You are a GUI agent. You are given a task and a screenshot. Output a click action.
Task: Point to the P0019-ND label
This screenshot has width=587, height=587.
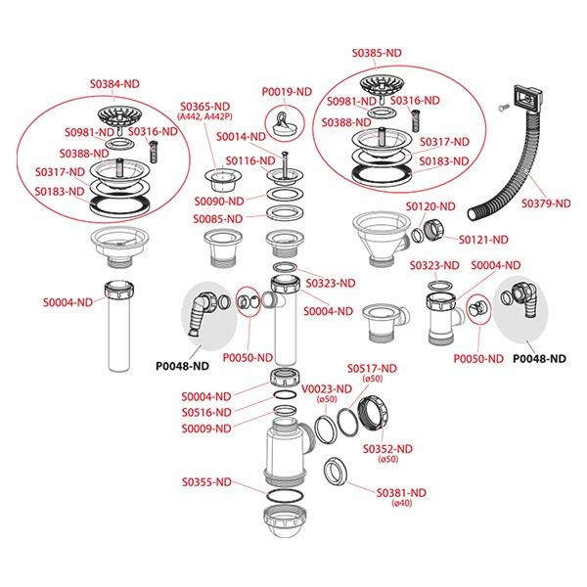click(x=286, y=92)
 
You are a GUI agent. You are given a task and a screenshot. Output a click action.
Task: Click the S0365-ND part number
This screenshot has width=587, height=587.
click(x=204, y=106)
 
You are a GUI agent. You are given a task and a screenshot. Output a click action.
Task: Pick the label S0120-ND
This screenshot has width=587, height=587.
click(x=431, y=206)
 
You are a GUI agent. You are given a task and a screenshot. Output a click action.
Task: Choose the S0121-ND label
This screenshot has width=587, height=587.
click(x=484, y=240)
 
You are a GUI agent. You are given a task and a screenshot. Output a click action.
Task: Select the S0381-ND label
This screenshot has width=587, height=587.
click(x=402, y=492)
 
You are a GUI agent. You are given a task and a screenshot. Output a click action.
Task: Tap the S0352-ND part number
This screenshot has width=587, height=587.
click(x=386, y=448)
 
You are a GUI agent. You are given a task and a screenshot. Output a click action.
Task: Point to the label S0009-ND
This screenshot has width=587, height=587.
click(x=205, y=427)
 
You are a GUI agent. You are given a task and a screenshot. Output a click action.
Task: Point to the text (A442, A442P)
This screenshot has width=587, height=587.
click(x=204, y=117)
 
